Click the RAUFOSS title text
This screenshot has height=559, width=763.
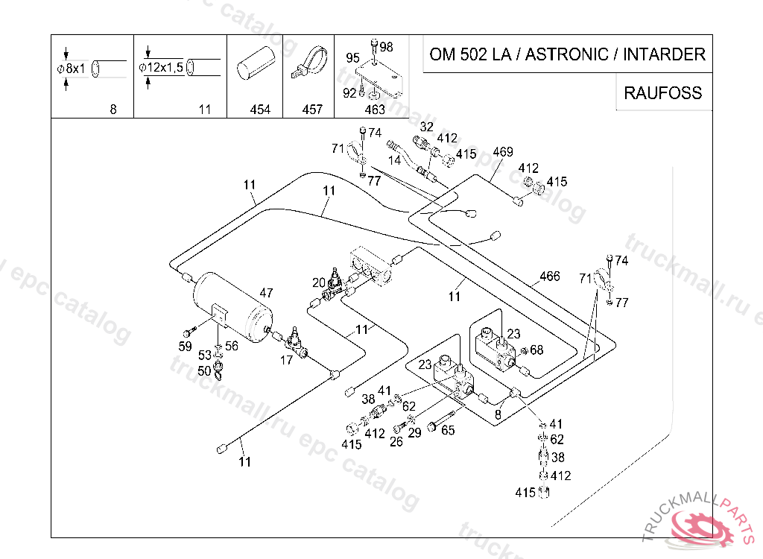[x=662, y=92]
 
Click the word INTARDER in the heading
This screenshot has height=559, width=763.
[x=664, y=54]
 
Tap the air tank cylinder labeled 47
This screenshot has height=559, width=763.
[x=233, y=307]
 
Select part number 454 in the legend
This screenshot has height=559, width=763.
[x=260, y=110]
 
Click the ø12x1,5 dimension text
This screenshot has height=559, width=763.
[x=161, y=67]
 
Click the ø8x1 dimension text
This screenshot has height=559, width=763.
[x=71, y=68]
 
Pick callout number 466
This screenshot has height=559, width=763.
[x=550, y=276]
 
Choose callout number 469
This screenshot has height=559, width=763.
[x=503, y=152]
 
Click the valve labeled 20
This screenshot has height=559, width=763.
[x=333, y=282]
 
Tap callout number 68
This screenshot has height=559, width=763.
[x=536, y=350]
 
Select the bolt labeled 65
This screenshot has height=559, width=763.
[x=441, y=420]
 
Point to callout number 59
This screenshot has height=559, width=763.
[x=185, y=347]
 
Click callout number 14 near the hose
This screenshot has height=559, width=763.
[x=394, y=160]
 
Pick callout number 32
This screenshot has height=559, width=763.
[x=427, y=127]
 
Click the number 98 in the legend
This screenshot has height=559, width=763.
[x=387, y=47]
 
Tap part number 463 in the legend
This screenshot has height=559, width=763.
[x=375, y=110]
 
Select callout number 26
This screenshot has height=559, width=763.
[x=396, y=442]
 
